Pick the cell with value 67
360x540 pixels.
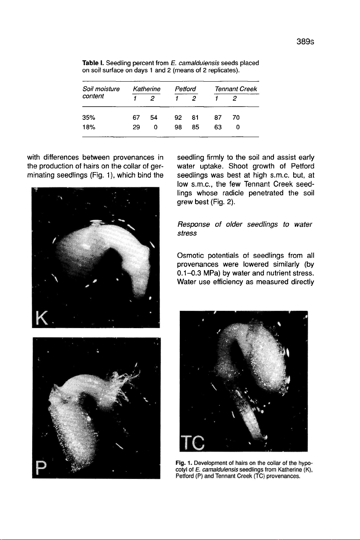coord(136,118)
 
